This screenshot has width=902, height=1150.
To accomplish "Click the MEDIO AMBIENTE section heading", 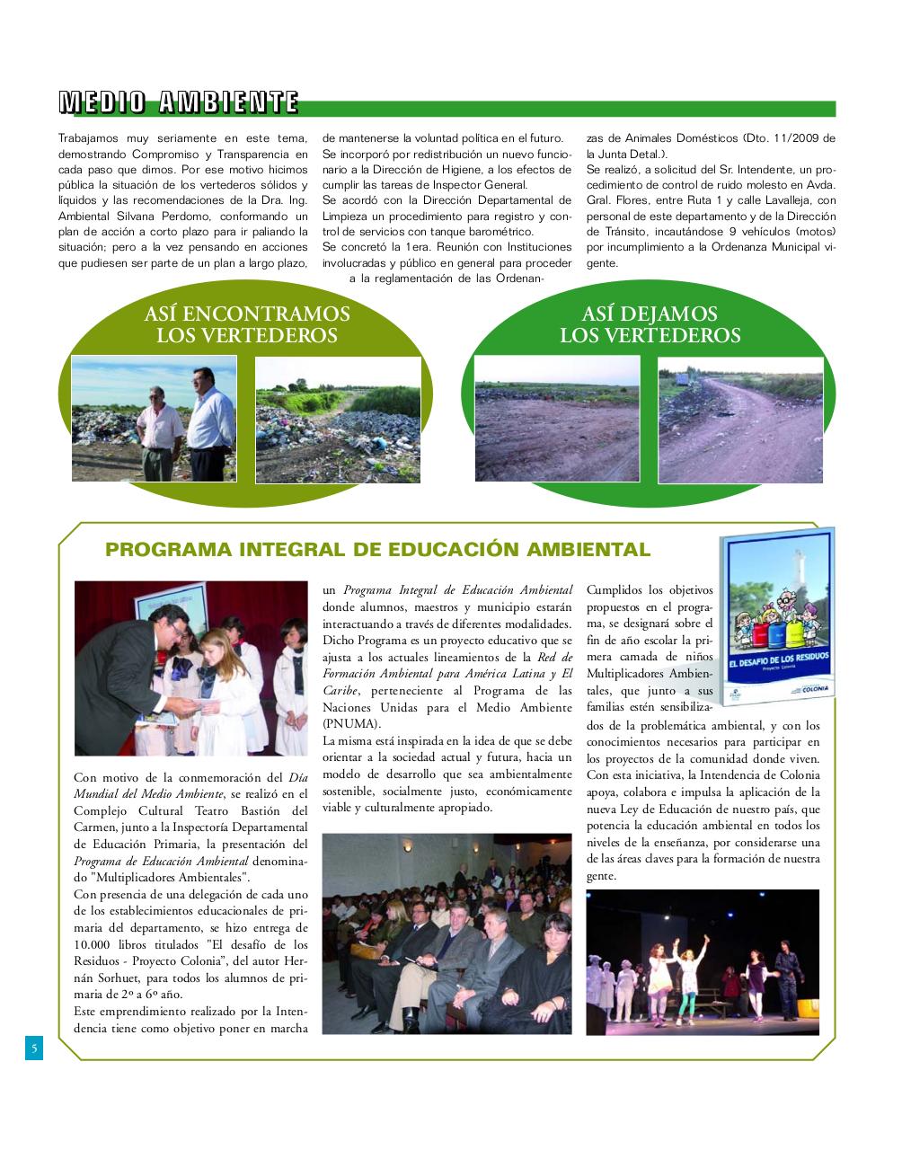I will click(x=178, y=102).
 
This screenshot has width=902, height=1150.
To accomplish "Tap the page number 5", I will click(x=33, y=1048).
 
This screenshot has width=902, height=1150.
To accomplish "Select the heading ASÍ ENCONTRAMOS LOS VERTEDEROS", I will click(x=246, y=324).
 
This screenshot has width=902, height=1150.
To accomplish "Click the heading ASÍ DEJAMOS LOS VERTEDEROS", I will click(x=650, y=324).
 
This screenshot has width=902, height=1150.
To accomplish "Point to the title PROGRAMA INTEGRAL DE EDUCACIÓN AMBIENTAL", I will click(x=377, y=550).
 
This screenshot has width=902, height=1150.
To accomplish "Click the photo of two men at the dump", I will click(x=154, y=419).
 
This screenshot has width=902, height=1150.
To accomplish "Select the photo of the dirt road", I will click(x=740, y=420).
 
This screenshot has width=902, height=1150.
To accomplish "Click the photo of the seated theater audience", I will click(x=447, y=933).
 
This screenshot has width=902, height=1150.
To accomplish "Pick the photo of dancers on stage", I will click(x=703, y=961).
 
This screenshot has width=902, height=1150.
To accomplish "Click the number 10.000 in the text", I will click(x=96, y=945).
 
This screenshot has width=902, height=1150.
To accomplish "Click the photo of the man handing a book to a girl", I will click(x=190, y=668).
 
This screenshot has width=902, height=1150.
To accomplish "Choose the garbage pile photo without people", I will click(x=337, y=420).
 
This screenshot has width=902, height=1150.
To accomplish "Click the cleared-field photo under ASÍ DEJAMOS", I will click(x=557, y=420).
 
